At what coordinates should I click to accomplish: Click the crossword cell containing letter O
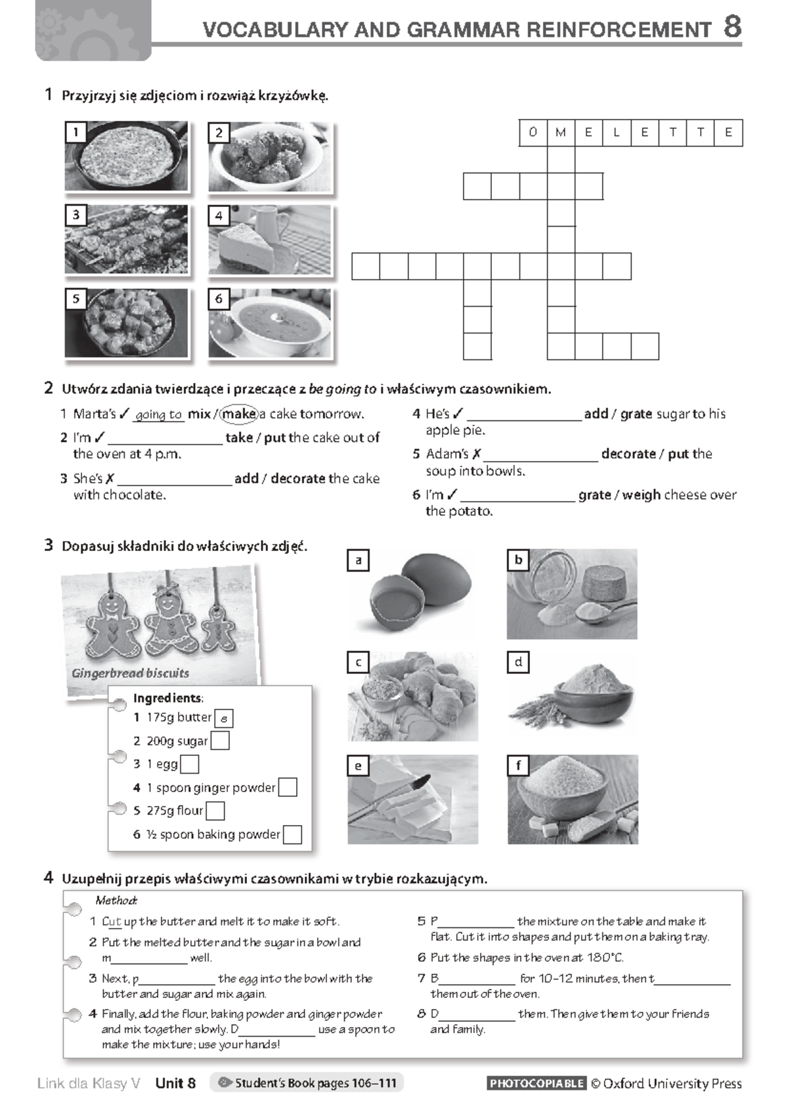[x=533, y=133]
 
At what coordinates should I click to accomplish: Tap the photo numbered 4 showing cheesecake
[x=270, y=240]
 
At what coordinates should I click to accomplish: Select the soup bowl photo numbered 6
[x=270, y=324]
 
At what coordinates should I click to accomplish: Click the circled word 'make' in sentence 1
[x=239, y=414]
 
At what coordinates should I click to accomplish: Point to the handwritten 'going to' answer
[x=158, y=414]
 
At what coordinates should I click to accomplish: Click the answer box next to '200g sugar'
[x=220, y=741]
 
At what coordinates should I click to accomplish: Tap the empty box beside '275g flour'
[x=215, y=811]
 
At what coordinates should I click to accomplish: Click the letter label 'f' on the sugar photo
[x=518, y=766]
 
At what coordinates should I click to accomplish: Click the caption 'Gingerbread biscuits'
[x=130, y=673]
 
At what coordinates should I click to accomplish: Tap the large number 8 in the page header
[x=732, y=28]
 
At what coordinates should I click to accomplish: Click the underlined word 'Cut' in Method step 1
[x=111, y=922]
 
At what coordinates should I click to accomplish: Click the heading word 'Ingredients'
[x=167, y=698]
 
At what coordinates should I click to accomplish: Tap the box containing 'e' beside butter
[x=224, y=719]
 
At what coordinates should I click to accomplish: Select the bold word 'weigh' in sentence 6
[x=641, y=495]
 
